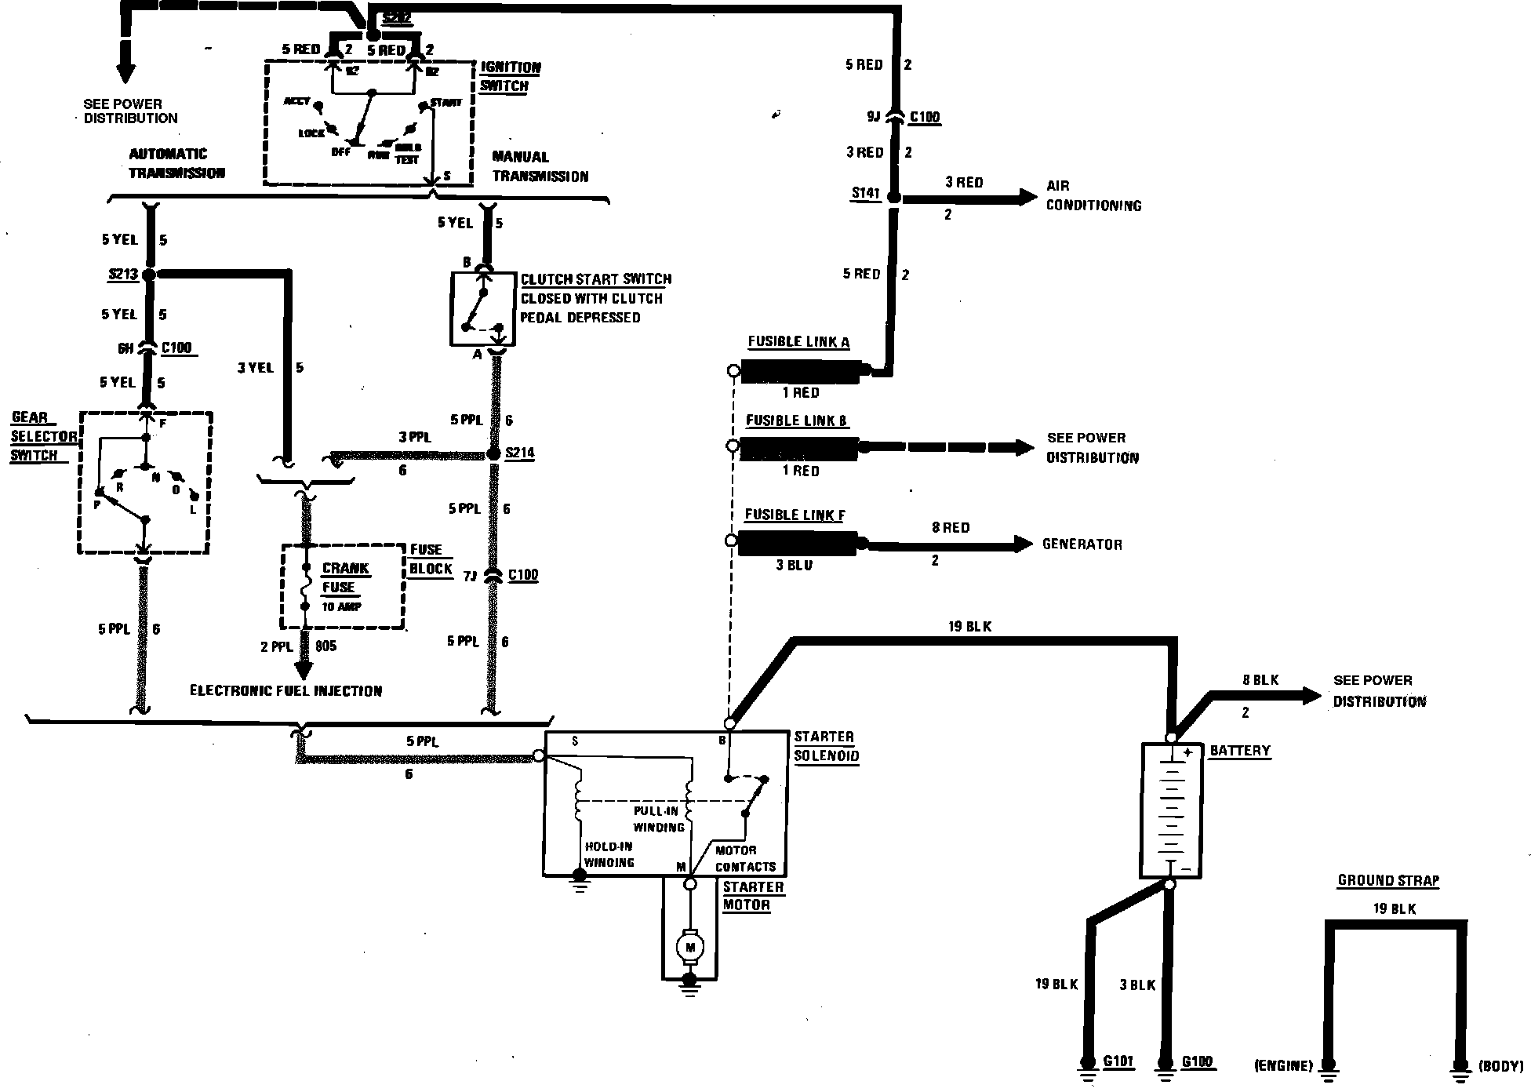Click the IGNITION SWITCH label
[x=510, y=77]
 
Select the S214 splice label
[x=520, y=453]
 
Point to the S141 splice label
[x=865, y=194]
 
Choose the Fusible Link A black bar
[x=800, y=370]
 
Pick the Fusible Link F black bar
[x=797, y=541]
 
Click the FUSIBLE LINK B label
[x=796, y=420]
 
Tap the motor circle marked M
[x=690, y=948]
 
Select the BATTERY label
[x=1239, y=751]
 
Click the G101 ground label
[x=1118, y=1062]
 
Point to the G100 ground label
[x=1197, y=1062]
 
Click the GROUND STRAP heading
[x=1388, y=880]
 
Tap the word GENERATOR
[x=1082, y=544]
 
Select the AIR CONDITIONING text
[x=1093, y=196]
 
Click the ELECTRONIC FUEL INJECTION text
[x=286, y=691]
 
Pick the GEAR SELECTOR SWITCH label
[x=44, y=437]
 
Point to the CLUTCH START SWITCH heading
[x=596, y=279]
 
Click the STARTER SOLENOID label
[x=826, y=747]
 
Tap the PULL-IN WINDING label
[x=659, y=818]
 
